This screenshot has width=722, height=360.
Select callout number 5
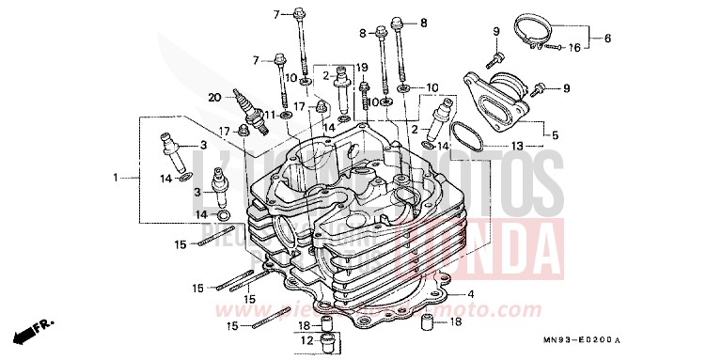(555, 134)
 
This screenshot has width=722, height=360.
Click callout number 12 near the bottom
(304, 339)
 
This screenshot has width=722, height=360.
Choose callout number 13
(518, 148)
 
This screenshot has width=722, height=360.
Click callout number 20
(213, 96)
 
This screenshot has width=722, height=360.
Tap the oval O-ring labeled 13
(466, 137)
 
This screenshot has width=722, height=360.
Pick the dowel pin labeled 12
(326, 339)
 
